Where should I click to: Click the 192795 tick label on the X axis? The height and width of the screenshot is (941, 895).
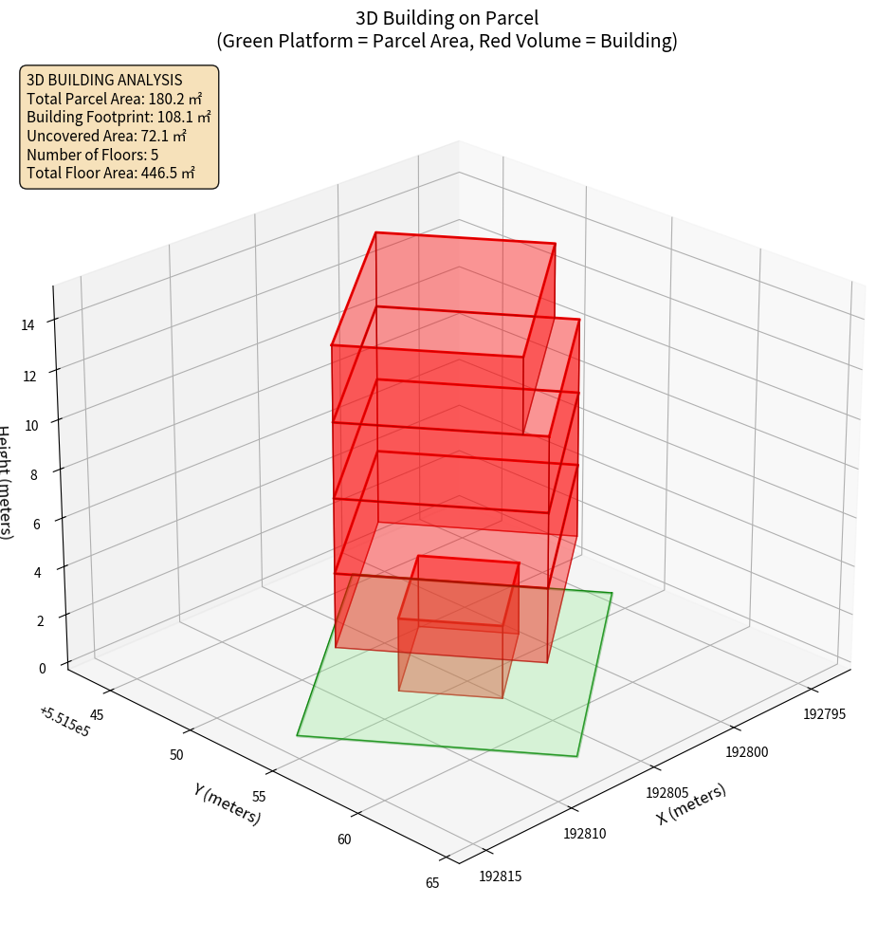[823, 712]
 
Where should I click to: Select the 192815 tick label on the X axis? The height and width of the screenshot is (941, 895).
[501, 876]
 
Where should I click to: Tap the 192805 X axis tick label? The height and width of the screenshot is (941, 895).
[667, 791]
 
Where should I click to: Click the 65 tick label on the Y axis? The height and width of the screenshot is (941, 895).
[432, 882]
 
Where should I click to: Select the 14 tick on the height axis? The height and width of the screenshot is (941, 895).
[28, 325]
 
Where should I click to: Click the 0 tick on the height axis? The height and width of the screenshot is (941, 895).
[41, 668]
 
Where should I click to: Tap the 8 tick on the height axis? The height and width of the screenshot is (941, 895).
[34, 474]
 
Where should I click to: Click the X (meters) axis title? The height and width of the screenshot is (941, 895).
[691, 803]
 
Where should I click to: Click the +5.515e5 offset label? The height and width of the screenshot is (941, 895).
[64, 721]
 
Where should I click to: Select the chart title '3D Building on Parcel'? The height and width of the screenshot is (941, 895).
[447, 17]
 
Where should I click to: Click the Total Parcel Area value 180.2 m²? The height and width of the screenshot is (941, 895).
[175, 98]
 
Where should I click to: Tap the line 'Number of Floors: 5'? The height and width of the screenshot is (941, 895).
[92, 155]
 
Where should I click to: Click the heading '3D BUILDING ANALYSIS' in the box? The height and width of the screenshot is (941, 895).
[103, 80]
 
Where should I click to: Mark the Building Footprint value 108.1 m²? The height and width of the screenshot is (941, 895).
[184, 117]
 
